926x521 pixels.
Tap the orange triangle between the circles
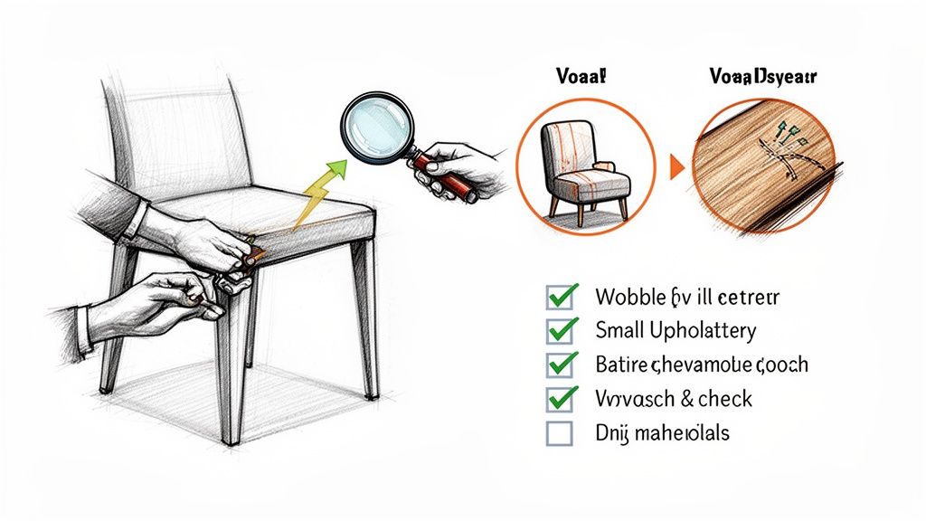[x=676, y=167]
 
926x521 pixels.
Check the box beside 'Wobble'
[x=562, y=297]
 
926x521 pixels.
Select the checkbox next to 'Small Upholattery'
[x=562, y=330]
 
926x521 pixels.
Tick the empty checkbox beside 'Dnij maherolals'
[x=560, y=433]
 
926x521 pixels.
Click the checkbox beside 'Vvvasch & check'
[x=562, y=399]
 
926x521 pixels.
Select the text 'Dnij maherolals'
[x=662, y=433]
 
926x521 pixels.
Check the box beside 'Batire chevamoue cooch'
[x=562, y=365]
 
